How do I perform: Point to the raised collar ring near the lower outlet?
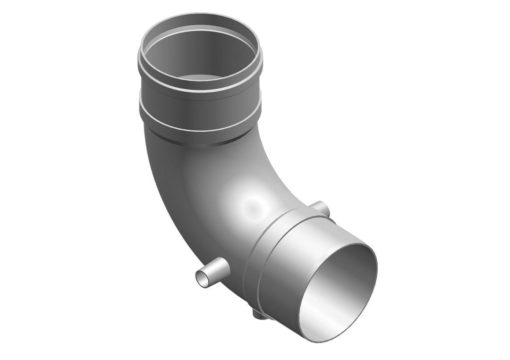[x=264, y=245]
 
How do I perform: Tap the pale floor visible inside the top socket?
[x=201, y=78]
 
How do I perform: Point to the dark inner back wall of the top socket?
[x=198, y=52]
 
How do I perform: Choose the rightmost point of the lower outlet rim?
[x=377, y=274]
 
